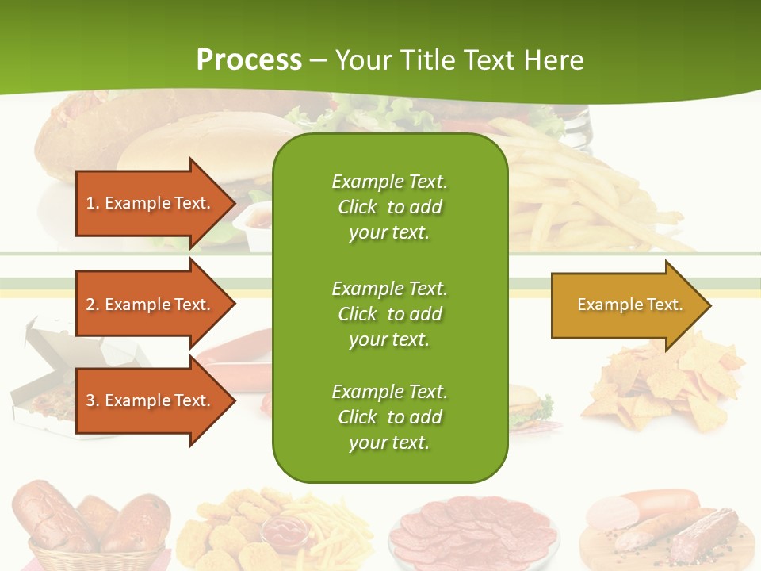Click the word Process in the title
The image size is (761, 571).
(249, 59)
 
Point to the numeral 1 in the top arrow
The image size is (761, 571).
(90, 203)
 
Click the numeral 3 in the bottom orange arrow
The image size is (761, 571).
(90, 400)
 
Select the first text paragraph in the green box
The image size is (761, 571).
(389, 207)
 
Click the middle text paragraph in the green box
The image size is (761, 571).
(389, 313)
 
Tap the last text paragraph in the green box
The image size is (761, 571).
(389, 417)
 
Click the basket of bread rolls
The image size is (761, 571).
(91, 527)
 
